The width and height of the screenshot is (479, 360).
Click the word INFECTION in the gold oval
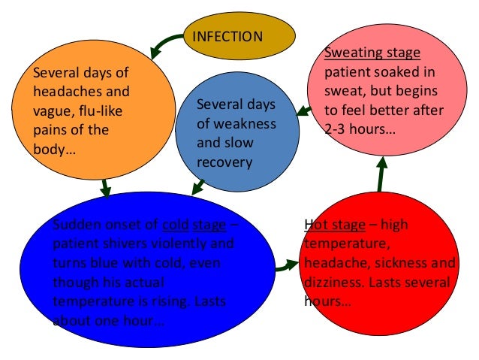point(228,37)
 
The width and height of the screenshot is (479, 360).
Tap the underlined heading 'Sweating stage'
point(372,54)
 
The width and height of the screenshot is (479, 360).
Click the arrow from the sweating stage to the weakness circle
point(303,111)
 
